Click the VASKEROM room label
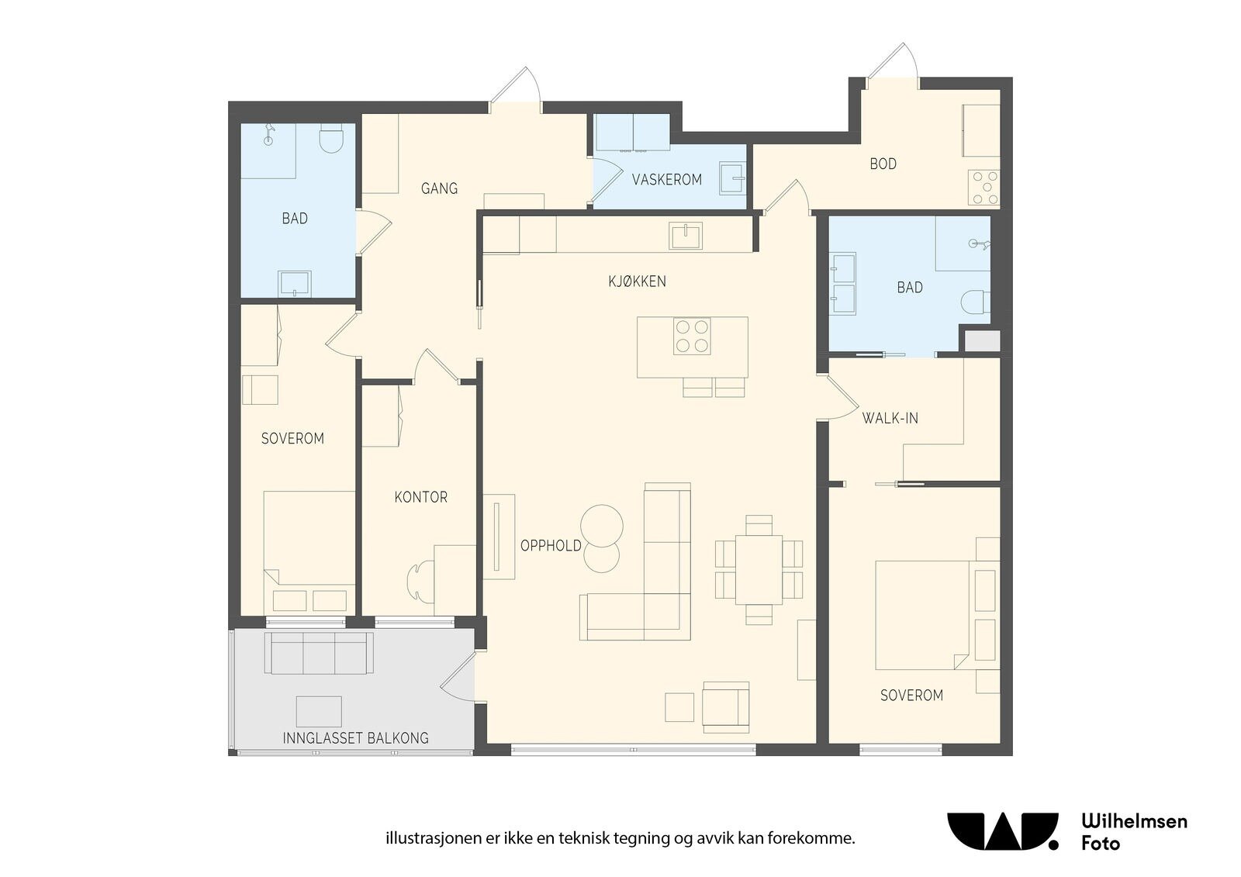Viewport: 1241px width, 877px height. (x=666, y=179)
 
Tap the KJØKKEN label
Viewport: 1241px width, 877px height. (x=637, y=281)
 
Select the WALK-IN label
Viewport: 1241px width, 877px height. (x=890, y=418)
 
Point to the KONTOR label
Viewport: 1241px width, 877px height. (x=420, y=497)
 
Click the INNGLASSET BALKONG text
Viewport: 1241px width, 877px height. (x=356, y=738)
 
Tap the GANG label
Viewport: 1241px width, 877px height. (x=439, y=188)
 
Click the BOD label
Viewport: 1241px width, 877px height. (x=883, y=164)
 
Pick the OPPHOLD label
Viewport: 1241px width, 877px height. (x=551, y=546)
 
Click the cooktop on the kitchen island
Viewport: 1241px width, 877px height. (x=692, y=337)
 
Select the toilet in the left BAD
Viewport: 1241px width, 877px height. (x=333, y=138)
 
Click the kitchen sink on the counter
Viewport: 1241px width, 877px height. (x=686, y=236)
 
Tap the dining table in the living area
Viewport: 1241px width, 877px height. (x=759, y=569)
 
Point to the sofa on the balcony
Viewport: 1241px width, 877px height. (x=319, y=653)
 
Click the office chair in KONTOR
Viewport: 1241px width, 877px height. (x=420, y=582)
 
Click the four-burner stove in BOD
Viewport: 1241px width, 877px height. (x=984, y=188)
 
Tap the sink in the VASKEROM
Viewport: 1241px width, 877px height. (x=732, y=178)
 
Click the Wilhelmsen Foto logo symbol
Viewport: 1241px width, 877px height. (x=1003, y=831)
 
